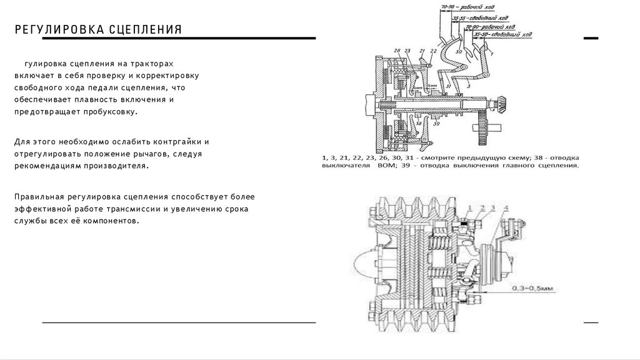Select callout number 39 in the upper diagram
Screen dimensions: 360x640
click(436, 124)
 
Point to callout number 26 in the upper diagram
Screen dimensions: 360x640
click(397, 51)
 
